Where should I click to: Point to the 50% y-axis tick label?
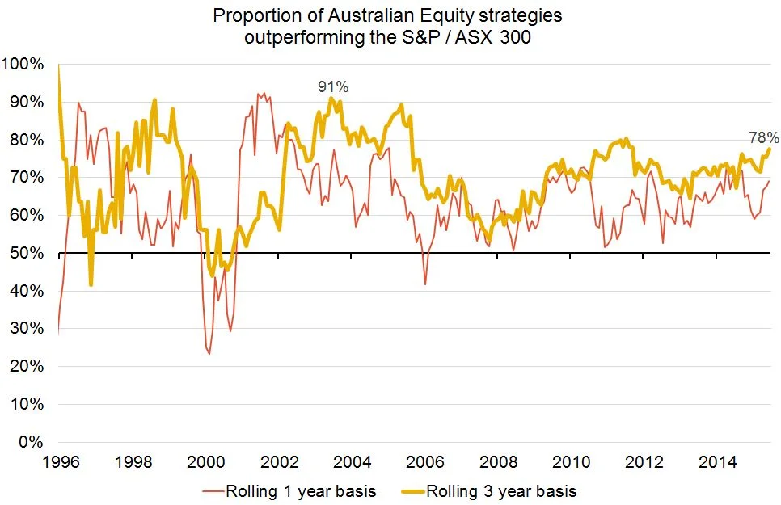click(x=27, y=253)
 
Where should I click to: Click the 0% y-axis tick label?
click(x=32, y=442)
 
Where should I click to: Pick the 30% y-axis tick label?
click(x=27, y=329)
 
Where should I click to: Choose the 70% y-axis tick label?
click(x=27, y=178)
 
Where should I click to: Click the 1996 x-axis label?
click(x=61, y=462)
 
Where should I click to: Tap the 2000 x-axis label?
click(x=206, y=462)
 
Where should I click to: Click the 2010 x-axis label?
click(x=572, y=462)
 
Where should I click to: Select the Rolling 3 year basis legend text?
click(x=501, y=491)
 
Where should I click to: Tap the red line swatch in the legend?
click(x=213, y=491)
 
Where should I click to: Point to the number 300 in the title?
click(x=514, y=37)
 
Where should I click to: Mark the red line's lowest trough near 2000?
click(x=209, y=354)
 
